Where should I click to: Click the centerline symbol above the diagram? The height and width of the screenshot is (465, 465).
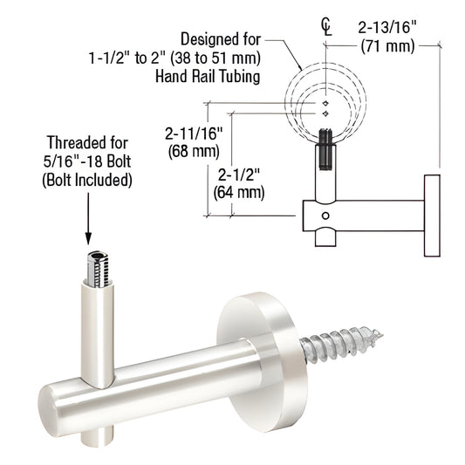326,24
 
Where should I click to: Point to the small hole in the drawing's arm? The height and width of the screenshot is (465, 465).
325,215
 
